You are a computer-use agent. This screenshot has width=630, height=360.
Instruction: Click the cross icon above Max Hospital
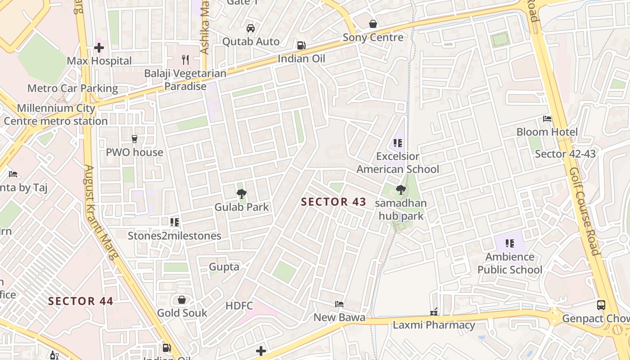[x=99, y=47]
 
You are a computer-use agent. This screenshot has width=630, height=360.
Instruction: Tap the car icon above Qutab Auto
[x=251, y=28]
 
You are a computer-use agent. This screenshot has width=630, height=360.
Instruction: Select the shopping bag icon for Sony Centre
[x=373, y=24]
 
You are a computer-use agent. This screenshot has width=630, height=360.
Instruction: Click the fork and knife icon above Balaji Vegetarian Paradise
[x=185, y=59]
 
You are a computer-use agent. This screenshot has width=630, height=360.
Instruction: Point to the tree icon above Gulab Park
[x=242, y=194]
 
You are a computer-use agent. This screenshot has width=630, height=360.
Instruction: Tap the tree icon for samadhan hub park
[x=400, y=190]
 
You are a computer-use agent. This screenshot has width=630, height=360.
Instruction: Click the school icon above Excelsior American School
[x=397, y=143]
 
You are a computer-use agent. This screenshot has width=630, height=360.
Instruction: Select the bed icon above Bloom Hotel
[x=547, y=119]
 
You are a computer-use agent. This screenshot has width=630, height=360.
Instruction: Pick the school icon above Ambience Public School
[x=509, y=243]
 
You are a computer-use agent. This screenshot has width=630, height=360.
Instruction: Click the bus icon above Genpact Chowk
[x=601, y=305]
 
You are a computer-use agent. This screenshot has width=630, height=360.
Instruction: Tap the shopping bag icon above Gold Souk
[x=182, y=300]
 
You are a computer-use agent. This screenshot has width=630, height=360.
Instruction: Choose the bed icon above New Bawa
[x=339, y=304]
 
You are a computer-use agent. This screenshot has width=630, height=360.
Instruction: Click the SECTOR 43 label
[x=333, y=202]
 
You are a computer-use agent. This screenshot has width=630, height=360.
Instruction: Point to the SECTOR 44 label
[x=81, y=301]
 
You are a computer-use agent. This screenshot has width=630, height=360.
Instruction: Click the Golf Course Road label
[x=584, y=211]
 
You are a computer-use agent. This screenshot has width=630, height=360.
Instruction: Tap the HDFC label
[x=239, y=306]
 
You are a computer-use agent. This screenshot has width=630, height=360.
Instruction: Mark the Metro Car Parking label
[x=72, y=88]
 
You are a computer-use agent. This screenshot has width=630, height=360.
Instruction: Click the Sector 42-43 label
[x=565, y=154]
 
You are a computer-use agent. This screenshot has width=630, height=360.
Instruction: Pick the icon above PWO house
[x=134, y=139]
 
